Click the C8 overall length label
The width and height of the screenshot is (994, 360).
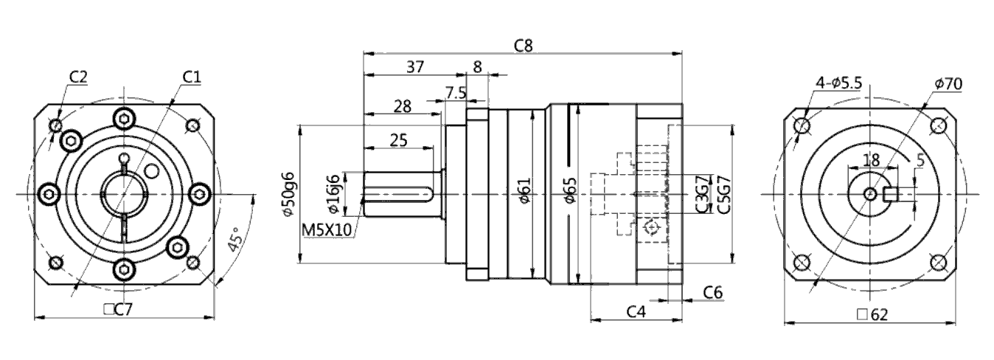524,45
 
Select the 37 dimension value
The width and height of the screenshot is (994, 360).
415,67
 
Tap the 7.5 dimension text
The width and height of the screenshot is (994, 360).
456,93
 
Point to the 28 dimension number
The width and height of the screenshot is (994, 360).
403,106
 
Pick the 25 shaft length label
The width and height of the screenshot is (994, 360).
398,140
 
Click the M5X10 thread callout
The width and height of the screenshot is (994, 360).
327,230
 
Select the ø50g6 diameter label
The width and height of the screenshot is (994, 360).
288,194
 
